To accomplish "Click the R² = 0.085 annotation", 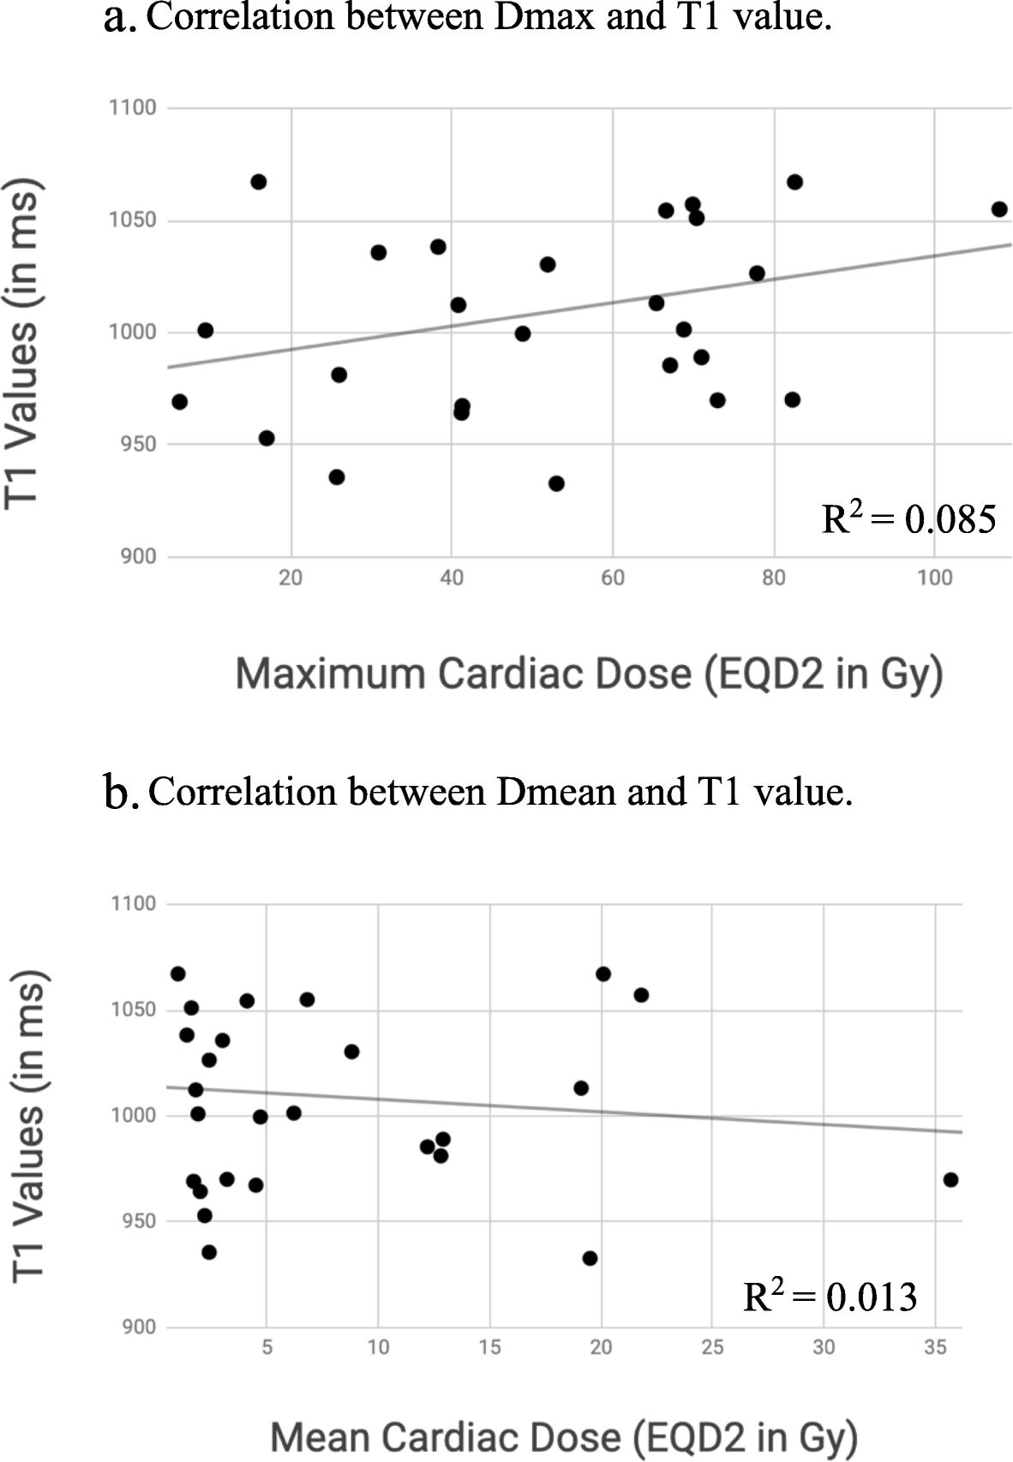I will point(908,518).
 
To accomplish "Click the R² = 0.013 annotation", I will point(830,1297).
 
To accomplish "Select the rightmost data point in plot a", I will point(998,209).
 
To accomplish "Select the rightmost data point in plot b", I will point(950,1180).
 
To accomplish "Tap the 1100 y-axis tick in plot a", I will point(133,108).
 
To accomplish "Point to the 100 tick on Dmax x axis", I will point(934,578).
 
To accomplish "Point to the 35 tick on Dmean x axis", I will point(935,1347).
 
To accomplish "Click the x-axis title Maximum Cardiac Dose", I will point(589,674).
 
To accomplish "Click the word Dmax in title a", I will point(544,17).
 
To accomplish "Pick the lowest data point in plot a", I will point(556,483).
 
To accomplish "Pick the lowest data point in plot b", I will point(590,1258).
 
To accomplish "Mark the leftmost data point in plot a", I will point(179,402).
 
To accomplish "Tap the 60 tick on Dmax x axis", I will point(612,578).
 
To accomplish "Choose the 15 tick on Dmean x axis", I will point(489,1347).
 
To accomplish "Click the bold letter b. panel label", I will point(120,794).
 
